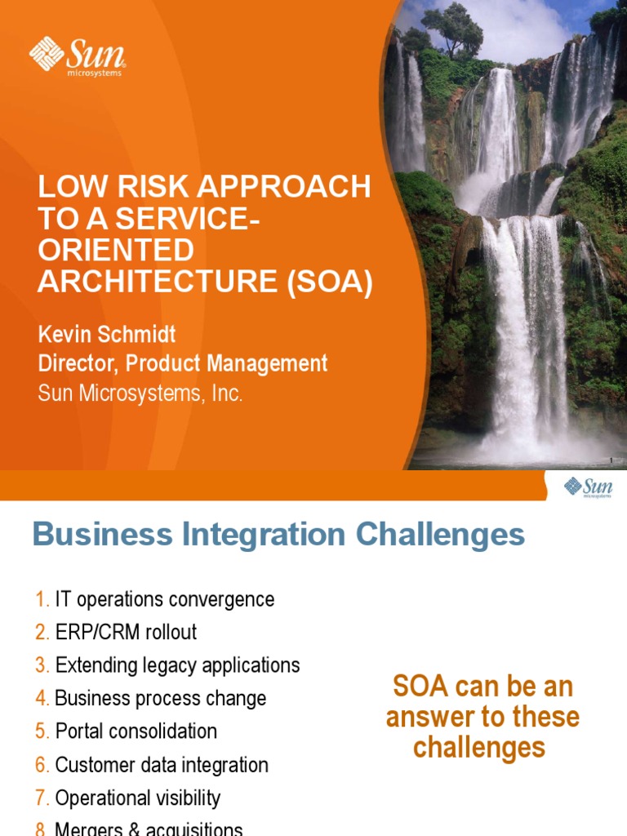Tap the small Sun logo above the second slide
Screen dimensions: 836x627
pos(588,488)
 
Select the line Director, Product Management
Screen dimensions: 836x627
pos(183,363)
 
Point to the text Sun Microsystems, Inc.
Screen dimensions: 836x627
pos(140,393)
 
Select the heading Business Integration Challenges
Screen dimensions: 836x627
pos(278,535)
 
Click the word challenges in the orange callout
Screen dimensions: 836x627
pos(478,746)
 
